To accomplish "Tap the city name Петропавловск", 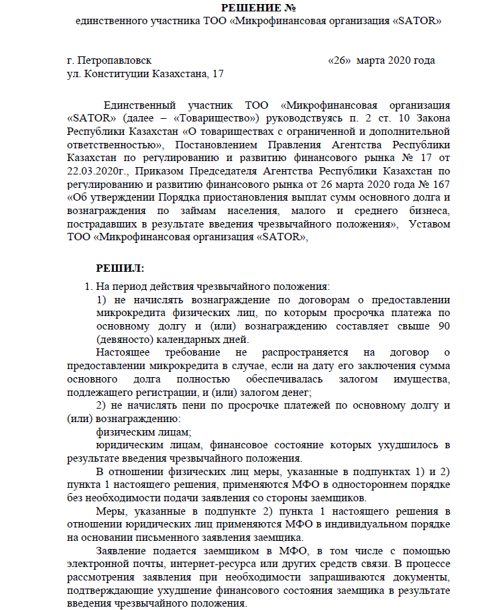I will click(x=115, y=60).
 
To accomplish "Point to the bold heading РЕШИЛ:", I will click(x=120, y=268).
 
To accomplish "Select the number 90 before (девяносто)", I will click(x=443, y=325).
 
